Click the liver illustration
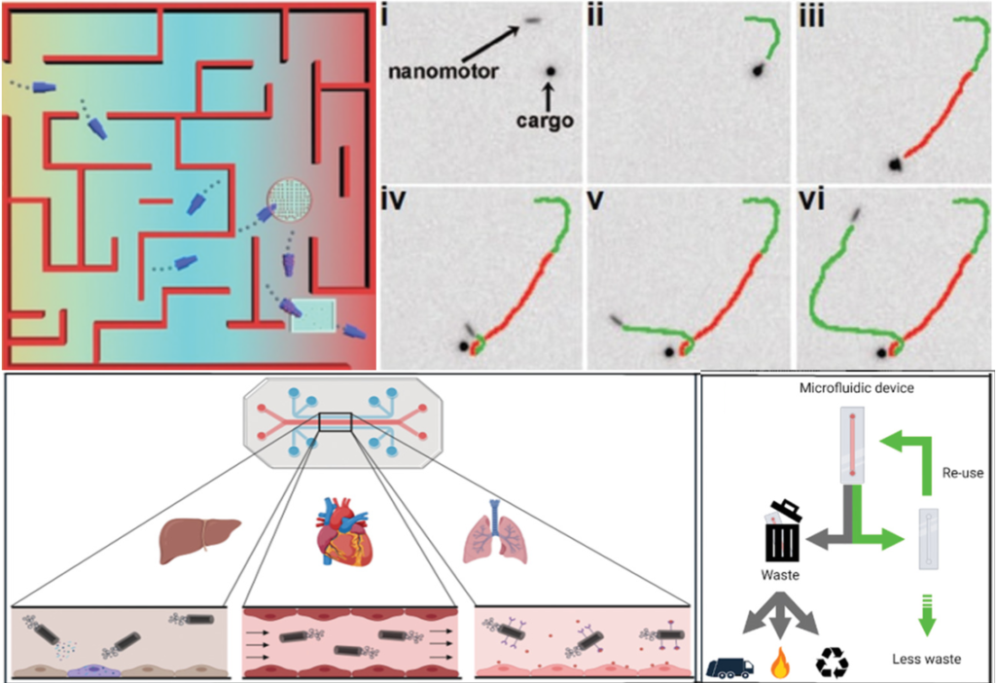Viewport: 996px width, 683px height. (199, 539)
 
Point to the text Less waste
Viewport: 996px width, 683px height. (926, 660)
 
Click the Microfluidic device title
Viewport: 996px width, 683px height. (842, 389)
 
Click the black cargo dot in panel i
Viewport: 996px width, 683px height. (551, 71)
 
